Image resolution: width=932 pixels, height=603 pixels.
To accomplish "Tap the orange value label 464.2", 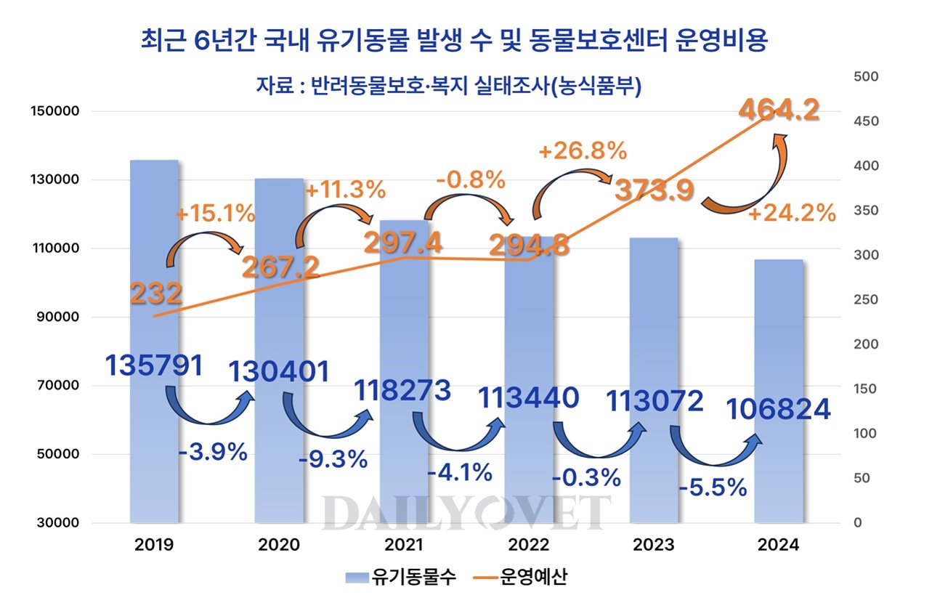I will pyautogui.click(x=779, y=111).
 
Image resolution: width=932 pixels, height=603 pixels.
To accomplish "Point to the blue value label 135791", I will pyautogui.click(x=154, y=365).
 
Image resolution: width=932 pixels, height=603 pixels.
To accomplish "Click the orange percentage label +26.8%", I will pyautogui.click(x=582, y=151).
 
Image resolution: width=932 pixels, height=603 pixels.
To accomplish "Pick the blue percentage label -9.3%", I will pyautogui.click(x=333, y=460).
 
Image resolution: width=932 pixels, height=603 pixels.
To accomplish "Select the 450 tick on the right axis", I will pyautogui.click(x=866, y=121).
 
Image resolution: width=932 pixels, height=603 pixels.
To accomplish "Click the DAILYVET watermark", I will pyautogui.click(x=466, y=512).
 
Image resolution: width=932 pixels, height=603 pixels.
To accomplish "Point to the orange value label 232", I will pyautogui.click(x=155, y=294).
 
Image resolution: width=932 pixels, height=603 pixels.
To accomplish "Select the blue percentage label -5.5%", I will pyautogui.click(x=712, y=487).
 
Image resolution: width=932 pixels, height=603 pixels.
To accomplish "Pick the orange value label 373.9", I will pyautogui.click(x=654, y=191).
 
